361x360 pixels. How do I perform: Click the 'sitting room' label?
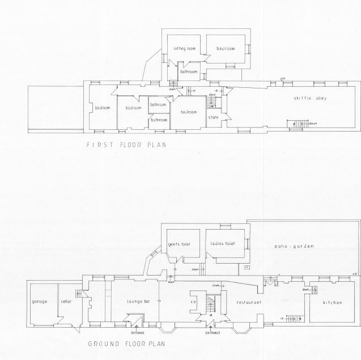tap(185, 49)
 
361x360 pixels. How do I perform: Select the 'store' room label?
tap(213, 117)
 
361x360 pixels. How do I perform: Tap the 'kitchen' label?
tap(333, 303)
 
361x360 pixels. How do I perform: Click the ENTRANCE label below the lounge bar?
tap(138, 325)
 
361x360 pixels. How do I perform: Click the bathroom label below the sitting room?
tap(188, 73)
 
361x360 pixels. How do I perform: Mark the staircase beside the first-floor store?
tap(213, 102)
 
